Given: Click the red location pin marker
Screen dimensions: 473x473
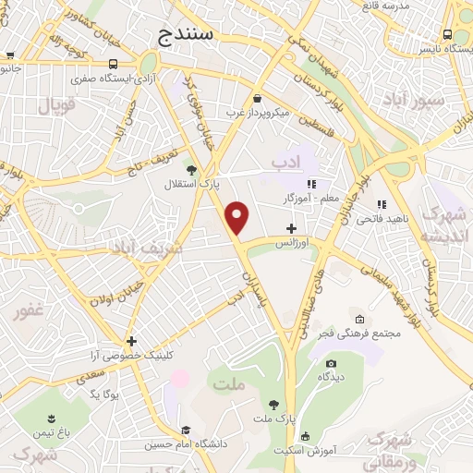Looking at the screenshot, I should click(x=238, y=218).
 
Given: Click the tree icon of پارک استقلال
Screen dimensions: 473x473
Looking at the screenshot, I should click(x=191, y=169).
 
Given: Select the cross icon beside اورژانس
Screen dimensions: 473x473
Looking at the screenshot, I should click(x=292, y=227).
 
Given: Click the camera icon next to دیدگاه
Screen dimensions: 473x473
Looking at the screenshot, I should click(x=331, y=363).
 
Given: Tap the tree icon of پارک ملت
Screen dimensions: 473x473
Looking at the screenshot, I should click(x=273, y=404).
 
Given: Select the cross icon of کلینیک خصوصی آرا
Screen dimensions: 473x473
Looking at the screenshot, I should click(x=132, y=341).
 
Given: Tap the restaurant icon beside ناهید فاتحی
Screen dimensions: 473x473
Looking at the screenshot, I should click(x=380, y=204).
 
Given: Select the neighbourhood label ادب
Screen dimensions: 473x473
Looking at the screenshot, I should click(x=287, y=163).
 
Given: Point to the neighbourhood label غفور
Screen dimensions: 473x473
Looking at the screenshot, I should click(x=29, y=310).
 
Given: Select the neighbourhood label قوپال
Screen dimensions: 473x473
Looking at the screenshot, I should click(x=55, y=104).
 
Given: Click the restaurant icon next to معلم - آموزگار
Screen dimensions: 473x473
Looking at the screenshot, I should click(x=311, y=184).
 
